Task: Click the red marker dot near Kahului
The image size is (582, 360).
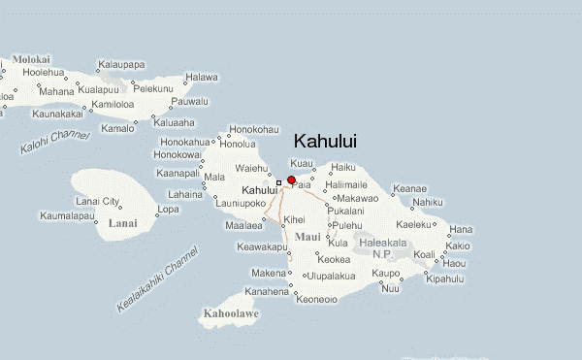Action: [x=292, y=180]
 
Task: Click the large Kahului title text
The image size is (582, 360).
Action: [x=324, y=142]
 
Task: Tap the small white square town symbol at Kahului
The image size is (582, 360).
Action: [x=279, y=182]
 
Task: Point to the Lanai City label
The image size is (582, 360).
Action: [x=99, y=201]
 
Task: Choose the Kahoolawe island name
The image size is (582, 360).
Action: [x=230, y=313]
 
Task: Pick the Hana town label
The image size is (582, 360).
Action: [x=461, y=230]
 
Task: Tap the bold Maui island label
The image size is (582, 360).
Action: [x=307, y=236]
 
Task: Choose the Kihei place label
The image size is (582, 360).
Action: [x=294, y=220]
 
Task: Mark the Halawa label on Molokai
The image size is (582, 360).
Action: [x=203, y=77]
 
